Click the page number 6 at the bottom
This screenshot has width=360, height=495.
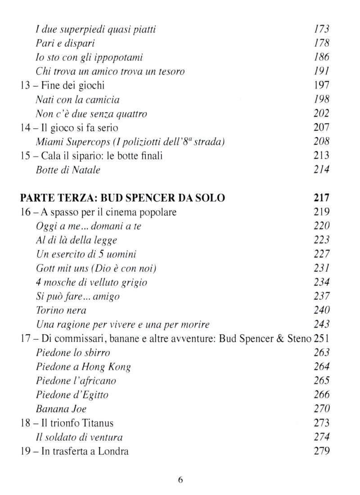pos(180,479)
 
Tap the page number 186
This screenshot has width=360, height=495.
pos(321,58)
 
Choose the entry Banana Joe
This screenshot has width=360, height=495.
pos(61,409)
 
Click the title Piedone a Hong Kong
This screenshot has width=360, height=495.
pos(83,367)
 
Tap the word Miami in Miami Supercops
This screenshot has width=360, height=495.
pos(49,142)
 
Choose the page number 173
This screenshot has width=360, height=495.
pos(321,30)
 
